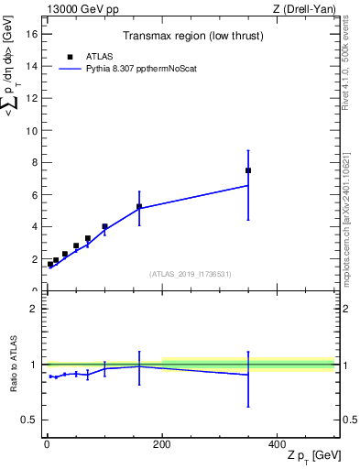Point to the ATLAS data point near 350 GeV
click(248, 170)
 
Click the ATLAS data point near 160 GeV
click(139, 206)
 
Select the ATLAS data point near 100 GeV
click(104, 226)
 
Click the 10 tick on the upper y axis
click(34, 131)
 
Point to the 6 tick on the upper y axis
click(37, 195)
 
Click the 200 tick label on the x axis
click(162, 443)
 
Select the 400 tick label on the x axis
click(277, 443)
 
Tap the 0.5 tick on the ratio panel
click(31, 420)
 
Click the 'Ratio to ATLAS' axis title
click(14, 366)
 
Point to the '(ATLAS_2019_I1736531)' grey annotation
click(191, 274)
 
